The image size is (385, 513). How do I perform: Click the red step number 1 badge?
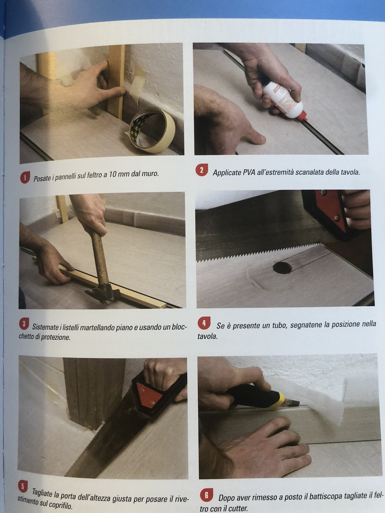pyautogui.click(x=25, y=178)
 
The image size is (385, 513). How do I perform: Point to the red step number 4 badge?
pyautogui.click(x=204, y=323)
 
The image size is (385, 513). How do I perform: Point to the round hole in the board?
pyautogui.click(x=281, y=267)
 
